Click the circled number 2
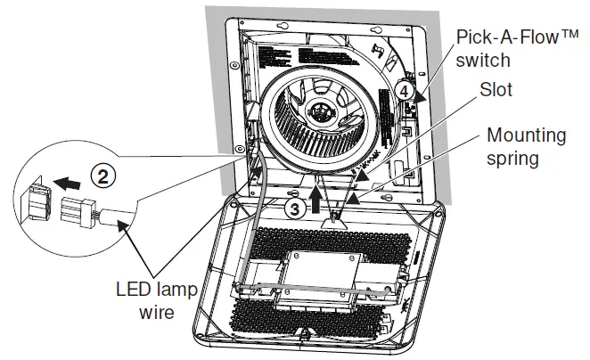(105, 176)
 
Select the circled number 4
(404, 90)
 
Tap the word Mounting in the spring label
(526, 135)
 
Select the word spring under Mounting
(514, 160)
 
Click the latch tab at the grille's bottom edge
(307, 336)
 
